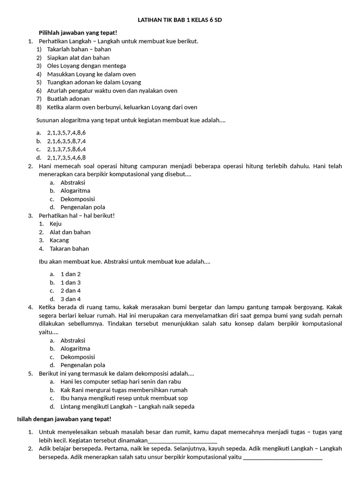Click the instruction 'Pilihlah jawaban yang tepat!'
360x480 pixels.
(78, 32)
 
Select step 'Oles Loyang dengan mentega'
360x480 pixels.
(86, 66)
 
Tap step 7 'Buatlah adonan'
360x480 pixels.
(68, 98)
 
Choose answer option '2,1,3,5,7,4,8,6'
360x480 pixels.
(66, 133)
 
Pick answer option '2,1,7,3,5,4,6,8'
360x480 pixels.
(66, 157)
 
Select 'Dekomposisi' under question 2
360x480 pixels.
(78, 199)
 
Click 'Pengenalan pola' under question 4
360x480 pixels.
(82, 365)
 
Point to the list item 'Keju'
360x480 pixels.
(55, 224)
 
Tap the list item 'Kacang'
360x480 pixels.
(59, 240)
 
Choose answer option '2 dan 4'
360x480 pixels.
(70, 290)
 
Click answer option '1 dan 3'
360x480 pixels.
(70, 282)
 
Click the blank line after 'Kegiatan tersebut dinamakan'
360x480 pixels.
(182, 441)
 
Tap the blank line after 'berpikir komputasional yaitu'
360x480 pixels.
(283, 457)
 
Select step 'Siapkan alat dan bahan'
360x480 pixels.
(78, 58)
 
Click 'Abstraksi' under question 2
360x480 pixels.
(73, 182)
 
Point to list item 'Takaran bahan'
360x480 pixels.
(69, 248)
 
